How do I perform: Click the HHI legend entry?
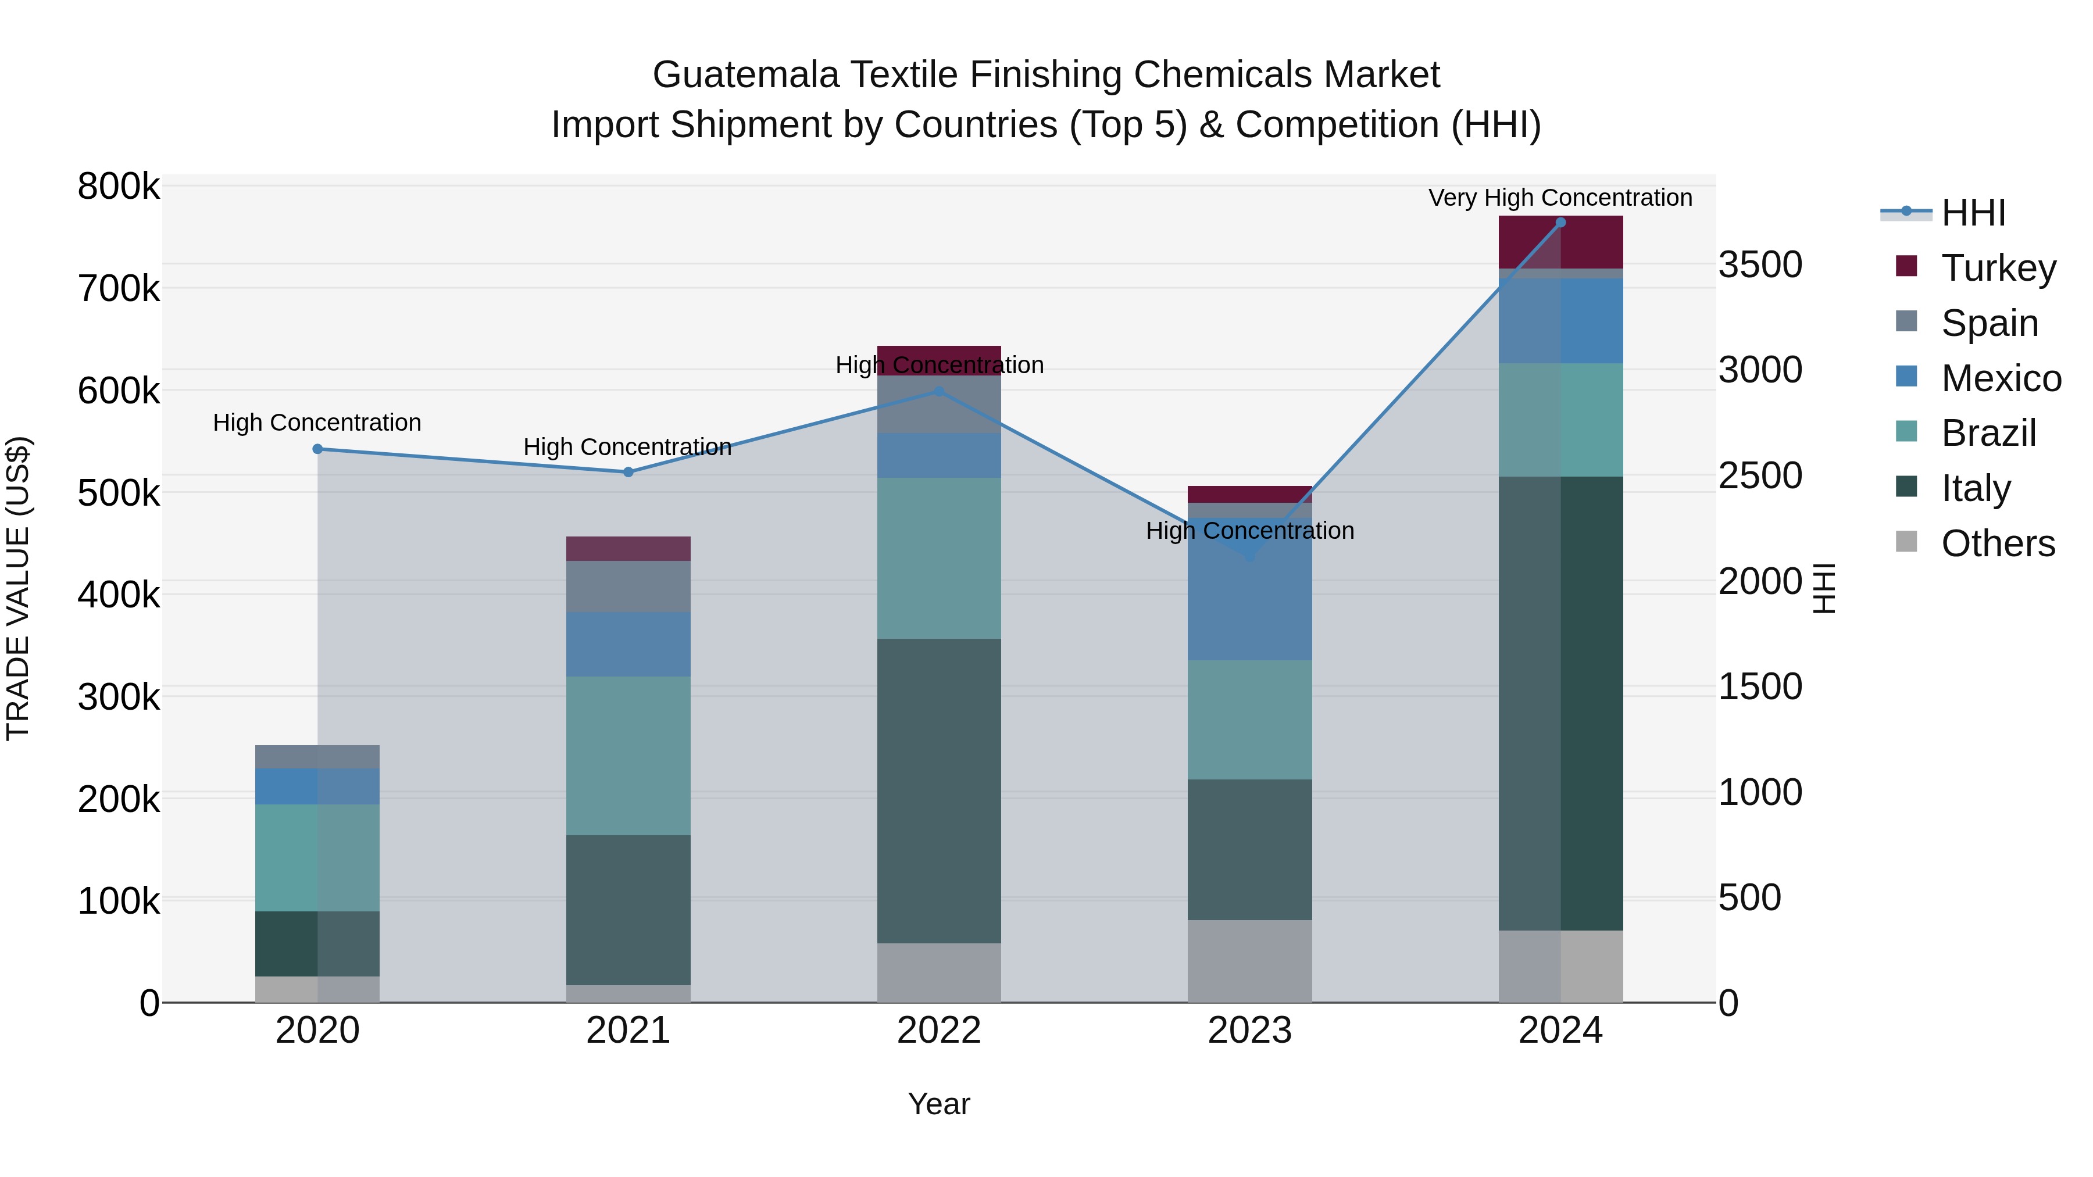[1973, 213]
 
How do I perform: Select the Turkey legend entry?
[1998, 267]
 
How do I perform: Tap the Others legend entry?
[1997, 543]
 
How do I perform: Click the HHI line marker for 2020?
[317, 449]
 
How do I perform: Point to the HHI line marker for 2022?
[940, 392]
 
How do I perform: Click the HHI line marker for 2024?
[1560, 223]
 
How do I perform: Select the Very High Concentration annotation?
[1560, 198]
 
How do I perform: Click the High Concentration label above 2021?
[627, 447]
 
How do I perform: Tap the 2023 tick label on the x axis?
[1249, 1031]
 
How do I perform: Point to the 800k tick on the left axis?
[119, 187]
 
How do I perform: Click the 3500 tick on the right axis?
[1760, 265]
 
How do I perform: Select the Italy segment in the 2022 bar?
[940, 790]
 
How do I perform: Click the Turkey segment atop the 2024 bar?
[1560, 242]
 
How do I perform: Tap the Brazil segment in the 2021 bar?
[627, 756]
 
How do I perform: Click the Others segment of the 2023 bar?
[1249, 961]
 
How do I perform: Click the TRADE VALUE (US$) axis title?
[18, 588]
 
